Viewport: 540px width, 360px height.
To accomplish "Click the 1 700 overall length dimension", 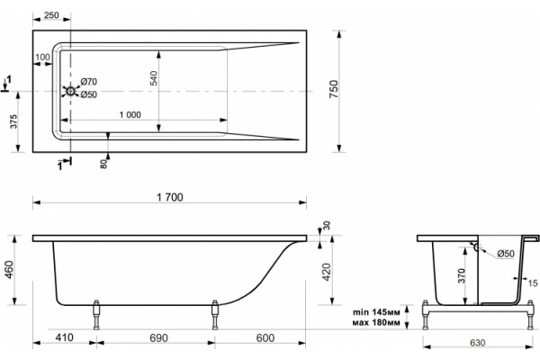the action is [170, 197].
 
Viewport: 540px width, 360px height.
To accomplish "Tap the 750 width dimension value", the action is [334, 89].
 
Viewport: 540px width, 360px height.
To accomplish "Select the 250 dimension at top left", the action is [51, 15].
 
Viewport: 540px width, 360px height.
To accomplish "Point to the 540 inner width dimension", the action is [154, 78].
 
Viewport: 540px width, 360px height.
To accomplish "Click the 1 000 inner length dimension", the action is [130, 114].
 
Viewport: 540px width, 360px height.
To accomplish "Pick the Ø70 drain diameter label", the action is [89, 82].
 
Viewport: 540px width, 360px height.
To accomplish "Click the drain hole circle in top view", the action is [70, 91].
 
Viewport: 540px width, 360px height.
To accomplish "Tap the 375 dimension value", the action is [13, 121].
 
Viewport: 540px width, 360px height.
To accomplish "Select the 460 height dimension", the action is [9, 269].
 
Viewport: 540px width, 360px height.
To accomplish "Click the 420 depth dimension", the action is [326, 272].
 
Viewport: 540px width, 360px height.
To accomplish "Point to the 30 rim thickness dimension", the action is [327, 225].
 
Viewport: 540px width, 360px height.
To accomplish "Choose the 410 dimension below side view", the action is [65, 337].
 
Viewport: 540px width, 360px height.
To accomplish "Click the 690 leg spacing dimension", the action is [158, 337].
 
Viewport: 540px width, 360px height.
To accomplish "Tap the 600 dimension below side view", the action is [265, 337].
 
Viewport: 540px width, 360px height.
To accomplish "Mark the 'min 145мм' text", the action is [376, 312].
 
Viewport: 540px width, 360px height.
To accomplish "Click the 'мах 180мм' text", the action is [376, 323].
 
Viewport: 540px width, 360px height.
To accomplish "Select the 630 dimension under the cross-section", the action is [477, 343].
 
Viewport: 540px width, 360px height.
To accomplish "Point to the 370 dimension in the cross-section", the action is [462, 275].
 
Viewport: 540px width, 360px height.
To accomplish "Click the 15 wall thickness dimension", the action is [533, 283].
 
